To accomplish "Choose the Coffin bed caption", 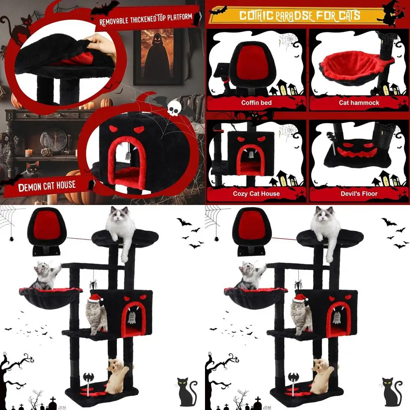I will click(256, 102).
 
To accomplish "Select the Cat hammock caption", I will click(359, 102).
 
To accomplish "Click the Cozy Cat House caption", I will click(256, 194).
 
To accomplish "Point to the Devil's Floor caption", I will click(359, 194).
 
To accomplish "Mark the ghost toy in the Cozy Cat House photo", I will click(251, 155).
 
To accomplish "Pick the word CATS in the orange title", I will click(346, 16).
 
